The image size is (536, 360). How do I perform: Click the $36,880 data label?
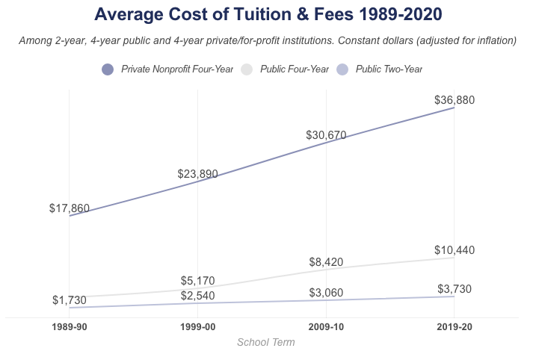coord(455,100)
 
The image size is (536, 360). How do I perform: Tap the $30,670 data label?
coord(326,135)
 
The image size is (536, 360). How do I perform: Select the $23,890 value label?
coord(197,174)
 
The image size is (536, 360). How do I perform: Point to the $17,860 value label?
coord(70,208)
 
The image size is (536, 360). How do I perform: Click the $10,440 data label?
coord(455,250)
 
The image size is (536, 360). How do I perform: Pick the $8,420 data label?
coord(326,262)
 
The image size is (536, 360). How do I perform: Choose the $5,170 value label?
coord(197,281)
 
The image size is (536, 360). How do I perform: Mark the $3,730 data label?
coord(455,289)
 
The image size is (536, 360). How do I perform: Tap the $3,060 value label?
coord(326,293)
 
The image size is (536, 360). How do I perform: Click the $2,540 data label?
coord(197,297)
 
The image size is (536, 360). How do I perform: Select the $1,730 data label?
coord(70,300)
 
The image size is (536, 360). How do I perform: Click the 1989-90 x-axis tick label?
coord(70,328)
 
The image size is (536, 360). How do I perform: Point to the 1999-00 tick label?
coord(197,328)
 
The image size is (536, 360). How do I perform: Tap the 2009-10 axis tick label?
coord(326,328)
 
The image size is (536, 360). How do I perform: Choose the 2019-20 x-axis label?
coord(455,328)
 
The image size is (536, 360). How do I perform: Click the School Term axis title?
coord(265,343)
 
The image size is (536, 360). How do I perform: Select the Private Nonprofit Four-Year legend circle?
coord(107,69)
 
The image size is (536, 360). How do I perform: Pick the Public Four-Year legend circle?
coord(246,69)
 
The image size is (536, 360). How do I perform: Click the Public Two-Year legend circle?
coord(342,69)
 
